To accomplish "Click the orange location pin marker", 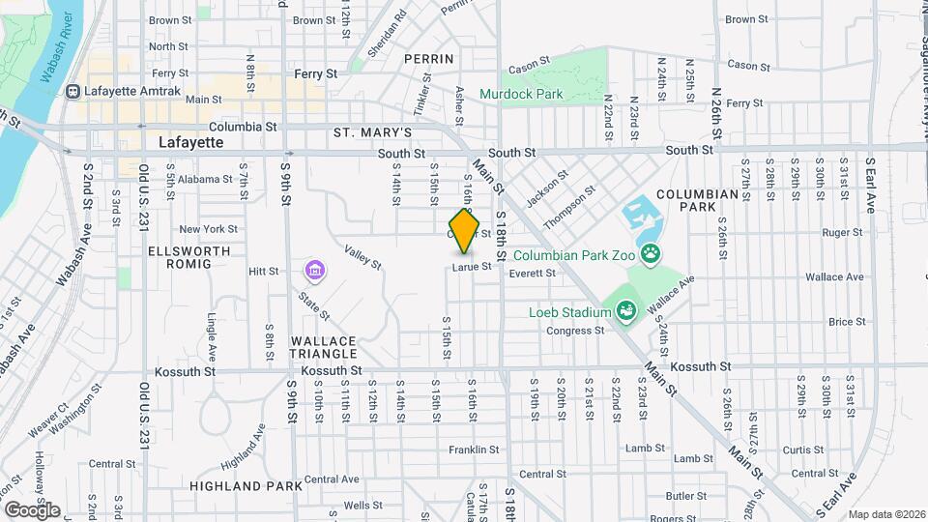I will pyautogui.click(x=465, y=230).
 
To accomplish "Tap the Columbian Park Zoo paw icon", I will pyautogui.click(x=652, y=255).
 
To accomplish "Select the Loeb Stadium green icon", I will pyautogui.click(x=624, y=311).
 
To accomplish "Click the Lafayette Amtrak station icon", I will pyautogui.click(x=72, y=92).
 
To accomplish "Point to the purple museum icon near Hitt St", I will pyautogui.click(x=313, y=268).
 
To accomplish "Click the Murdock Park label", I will pyautogui.click(x=536, y=95).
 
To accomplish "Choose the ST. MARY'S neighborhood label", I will pyautogui.click(x=373, y=132).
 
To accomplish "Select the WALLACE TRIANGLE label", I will pyautogui.click(x=325, y=348).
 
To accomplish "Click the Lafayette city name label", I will pyautogui.click(x=191, y=142).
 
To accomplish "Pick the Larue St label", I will pyautogui.click(x=473, y=266).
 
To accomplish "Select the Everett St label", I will pyautogui.click(x=533, y=274).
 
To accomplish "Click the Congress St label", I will pyautogui.click(x=575, y=331).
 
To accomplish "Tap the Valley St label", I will pyautogui.click(x=362, y=256).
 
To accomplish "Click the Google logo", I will pyautogui.click(x=32, y=509).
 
